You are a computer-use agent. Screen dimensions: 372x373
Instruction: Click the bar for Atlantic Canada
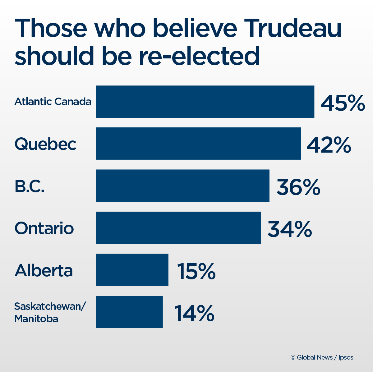point(205,102)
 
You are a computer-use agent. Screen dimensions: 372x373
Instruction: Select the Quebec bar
point(198,144)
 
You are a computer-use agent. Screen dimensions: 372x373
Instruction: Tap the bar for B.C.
point(182,186)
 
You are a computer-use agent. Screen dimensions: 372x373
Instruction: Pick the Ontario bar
point(178,228)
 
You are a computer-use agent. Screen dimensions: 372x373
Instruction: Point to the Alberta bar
point(132,270)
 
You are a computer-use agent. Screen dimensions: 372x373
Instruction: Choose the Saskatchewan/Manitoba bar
point(129,312)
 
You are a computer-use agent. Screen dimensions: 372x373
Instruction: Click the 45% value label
point(343,103)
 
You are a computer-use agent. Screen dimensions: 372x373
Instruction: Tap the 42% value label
point(329,145)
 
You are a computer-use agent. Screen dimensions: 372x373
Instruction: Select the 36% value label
point(298,187)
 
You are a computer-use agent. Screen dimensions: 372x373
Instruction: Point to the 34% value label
point(290,229)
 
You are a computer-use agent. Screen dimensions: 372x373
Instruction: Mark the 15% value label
point(196,271)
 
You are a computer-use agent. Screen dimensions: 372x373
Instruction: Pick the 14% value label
point(194,313)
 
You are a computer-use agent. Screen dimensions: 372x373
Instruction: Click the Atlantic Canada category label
point(53,102)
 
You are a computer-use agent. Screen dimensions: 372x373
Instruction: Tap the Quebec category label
point(45,144)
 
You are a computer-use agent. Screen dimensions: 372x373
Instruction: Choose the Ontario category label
point(44,228)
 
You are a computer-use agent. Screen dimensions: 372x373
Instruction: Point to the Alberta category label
point(44,270)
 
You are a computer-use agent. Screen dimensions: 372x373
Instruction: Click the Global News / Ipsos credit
point(322,357)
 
